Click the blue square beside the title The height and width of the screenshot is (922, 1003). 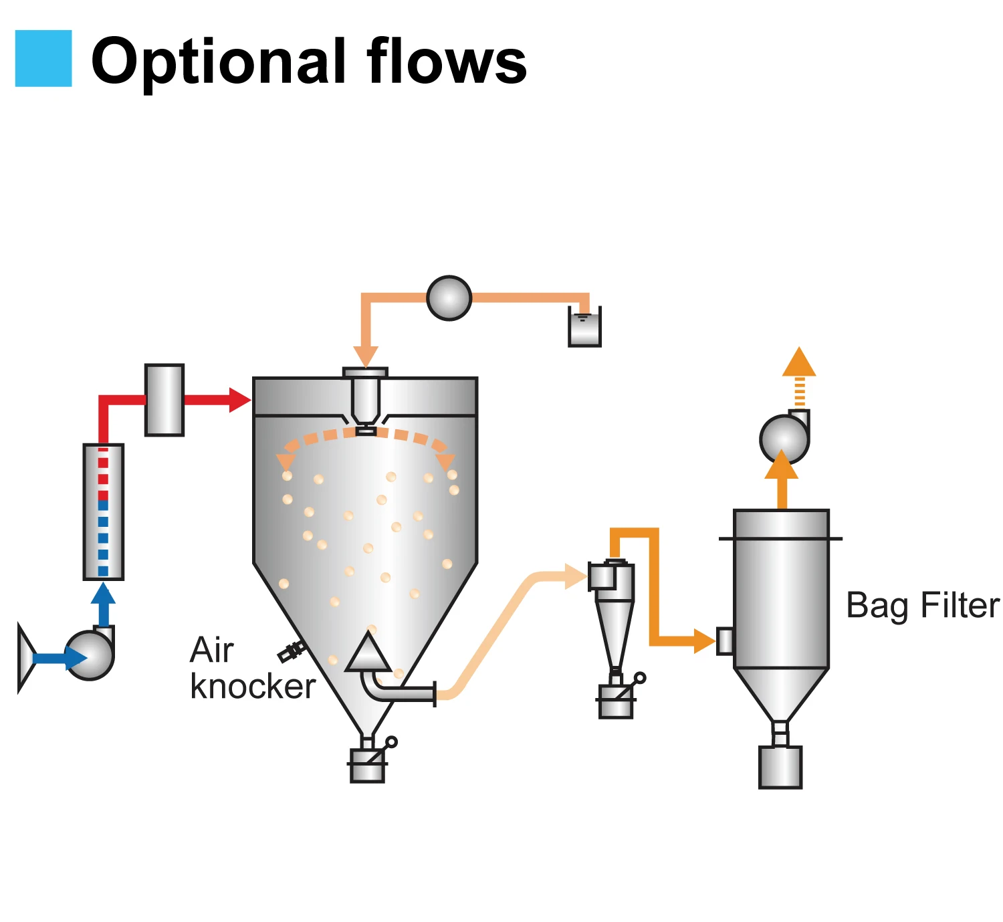[43, 58]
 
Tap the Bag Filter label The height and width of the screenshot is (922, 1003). [922, 606]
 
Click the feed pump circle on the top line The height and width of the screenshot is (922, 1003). [449, 298]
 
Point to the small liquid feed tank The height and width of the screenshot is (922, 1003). [584, 328]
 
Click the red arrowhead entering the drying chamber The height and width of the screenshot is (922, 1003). [239, 400]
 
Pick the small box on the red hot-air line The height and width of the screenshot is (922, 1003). [164, 400]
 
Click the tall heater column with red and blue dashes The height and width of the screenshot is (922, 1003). [103, 511]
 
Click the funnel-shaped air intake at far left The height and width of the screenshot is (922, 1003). [25, 658]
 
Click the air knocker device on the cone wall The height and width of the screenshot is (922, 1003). [292, 651]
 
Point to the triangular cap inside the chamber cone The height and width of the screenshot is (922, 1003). [367, 653]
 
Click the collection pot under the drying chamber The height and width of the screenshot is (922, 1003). [367, 766]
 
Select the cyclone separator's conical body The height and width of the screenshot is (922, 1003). [614, 632]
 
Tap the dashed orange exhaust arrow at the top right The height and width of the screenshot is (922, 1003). [799, 375]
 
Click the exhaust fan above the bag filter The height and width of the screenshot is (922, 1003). [784, 439]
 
